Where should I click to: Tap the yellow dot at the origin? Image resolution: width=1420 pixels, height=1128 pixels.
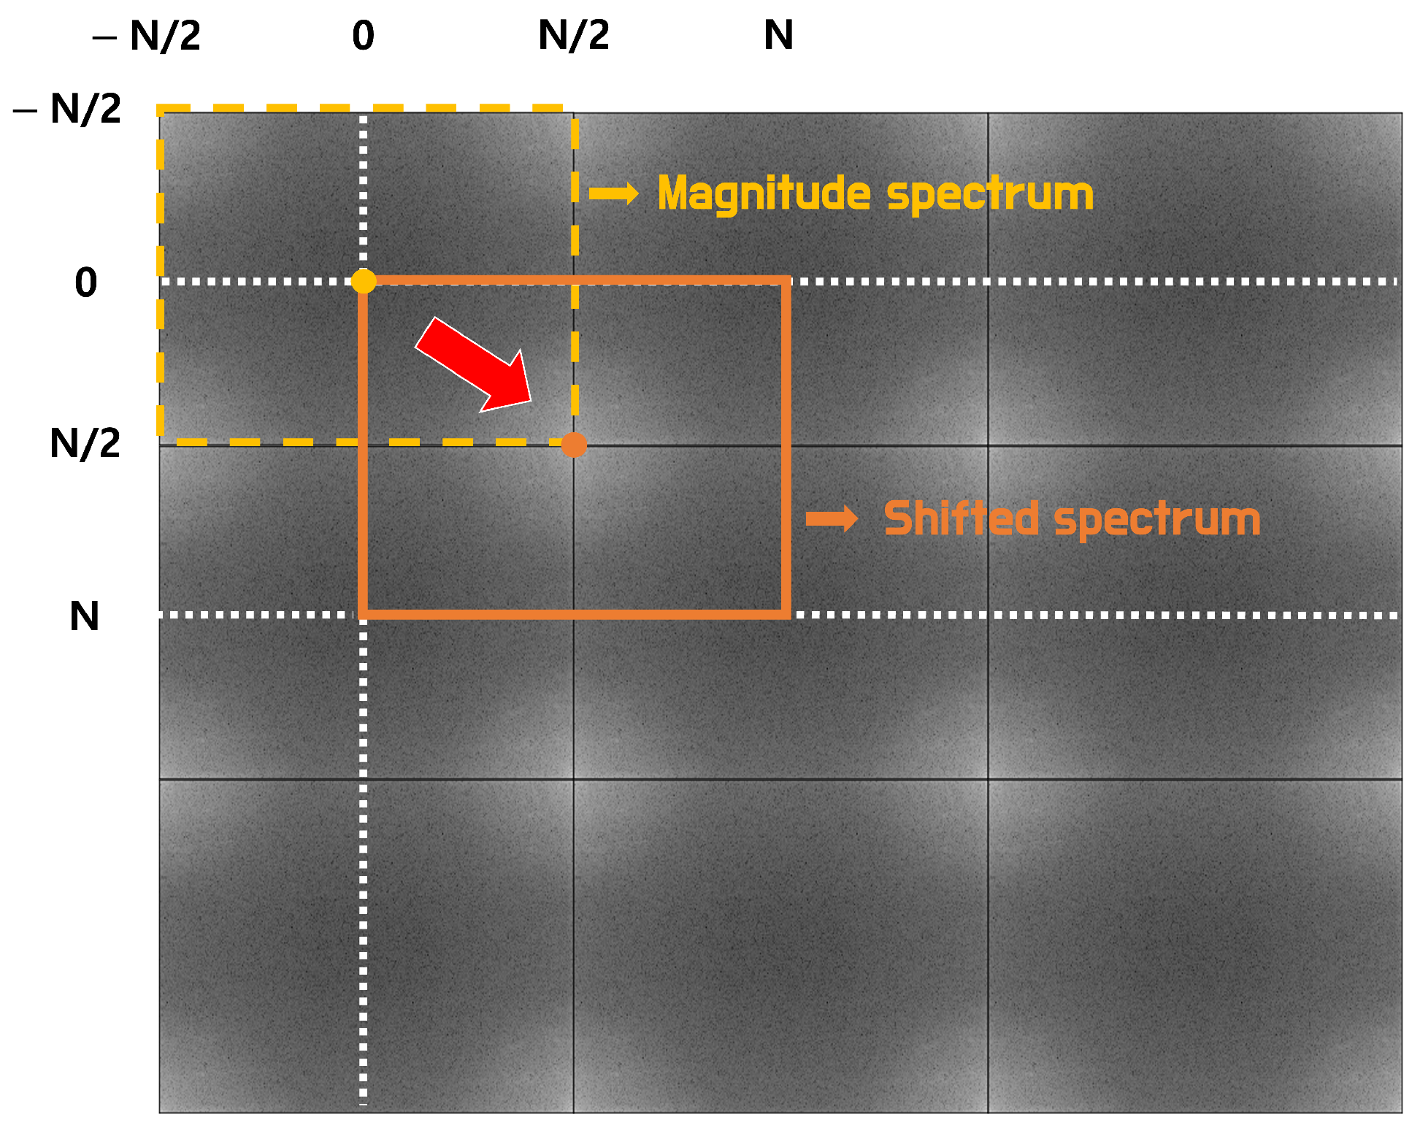[x=364, y=281]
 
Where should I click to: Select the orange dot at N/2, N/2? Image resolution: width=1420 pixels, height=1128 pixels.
[x=574, y=444]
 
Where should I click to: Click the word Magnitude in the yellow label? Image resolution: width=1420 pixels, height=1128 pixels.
[x=764, y=194]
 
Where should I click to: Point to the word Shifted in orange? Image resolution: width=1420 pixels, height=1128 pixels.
[x=961, y=519]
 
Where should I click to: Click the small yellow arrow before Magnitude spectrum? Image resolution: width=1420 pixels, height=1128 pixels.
[x=613, y=193]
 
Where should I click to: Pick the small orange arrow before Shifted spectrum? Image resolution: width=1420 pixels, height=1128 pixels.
[x=832, y=519]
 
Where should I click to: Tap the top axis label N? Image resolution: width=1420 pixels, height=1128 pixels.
[x=778, y=35]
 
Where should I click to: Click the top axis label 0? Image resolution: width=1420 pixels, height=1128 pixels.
[x=363, y=35]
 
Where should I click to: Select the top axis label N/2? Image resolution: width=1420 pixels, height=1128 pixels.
[x=574, y=35]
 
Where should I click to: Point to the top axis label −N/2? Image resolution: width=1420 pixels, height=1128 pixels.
[x=147, y=35]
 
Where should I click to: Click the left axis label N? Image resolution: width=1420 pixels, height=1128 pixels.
[x=84, y=616]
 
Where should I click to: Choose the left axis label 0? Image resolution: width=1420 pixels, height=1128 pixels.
[x=85, y=283]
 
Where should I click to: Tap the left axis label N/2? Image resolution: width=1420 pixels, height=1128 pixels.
[x=85, y=442]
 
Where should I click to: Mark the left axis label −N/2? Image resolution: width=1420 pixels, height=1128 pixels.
[x=68, y=110]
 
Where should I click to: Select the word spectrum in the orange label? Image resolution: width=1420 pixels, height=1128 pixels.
[x=1157, y=521]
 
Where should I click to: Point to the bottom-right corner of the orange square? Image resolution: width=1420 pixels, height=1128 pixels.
[x=786, y=614]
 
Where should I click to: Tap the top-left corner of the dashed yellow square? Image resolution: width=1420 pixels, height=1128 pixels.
[x=161, y=110]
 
